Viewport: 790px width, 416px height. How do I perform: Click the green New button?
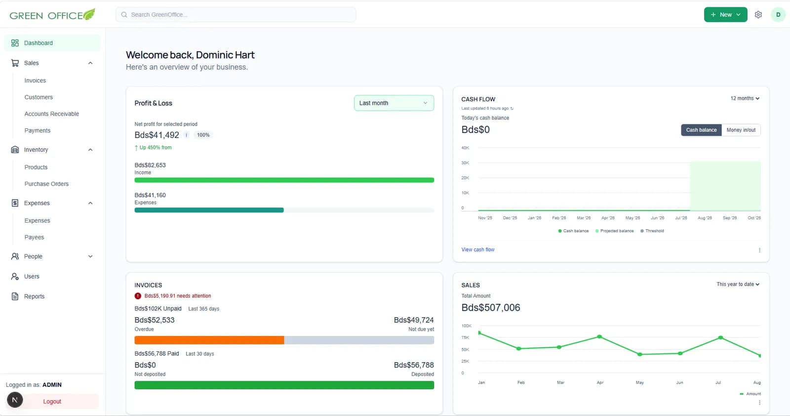pos(725,14)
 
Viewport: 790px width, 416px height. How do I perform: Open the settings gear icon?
pos(758,14)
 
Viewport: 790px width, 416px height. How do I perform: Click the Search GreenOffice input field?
pos(236,14)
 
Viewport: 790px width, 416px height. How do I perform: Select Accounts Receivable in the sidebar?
pos(51,114)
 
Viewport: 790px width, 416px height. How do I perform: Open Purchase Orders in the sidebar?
pos(46,183)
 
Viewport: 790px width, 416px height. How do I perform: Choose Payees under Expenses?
pos(34,237)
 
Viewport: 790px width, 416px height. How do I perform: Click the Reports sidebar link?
pos(34,296)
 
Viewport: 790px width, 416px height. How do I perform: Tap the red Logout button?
pos(52,401)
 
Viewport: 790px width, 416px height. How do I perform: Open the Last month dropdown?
pos(394,103)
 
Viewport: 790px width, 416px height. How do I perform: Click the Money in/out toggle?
pos(741,130)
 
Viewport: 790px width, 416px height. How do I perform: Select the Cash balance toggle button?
pos(701,130)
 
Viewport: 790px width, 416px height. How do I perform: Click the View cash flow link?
pos(478,250)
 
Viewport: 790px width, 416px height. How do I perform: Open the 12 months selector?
pos(745,98)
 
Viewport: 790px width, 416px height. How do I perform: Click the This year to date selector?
pos(738,284)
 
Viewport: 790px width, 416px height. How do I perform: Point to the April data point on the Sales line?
pos(599,336)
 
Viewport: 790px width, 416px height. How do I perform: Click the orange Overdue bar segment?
pos(209,340)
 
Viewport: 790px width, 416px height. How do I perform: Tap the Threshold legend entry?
pos(652,231)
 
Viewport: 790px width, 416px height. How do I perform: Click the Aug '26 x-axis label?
pos(705,218)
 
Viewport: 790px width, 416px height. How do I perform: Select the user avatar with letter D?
pos(778,14)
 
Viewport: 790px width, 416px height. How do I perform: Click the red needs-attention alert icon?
pos(138,295)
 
